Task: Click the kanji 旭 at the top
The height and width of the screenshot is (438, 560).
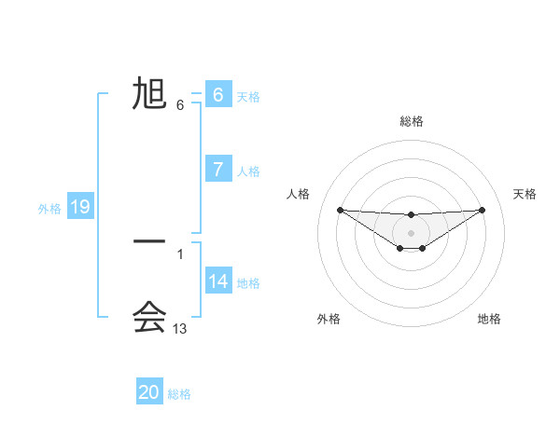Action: pyautogui.click(x=149, y=94)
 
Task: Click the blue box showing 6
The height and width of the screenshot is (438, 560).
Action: pyautogui.click(x=218, y=95)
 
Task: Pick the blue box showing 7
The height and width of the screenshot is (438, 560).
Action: pyautogui.click(x=218, y=170)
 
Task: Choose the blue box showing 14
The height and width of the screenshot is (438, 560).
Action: pyautogui.click(x=218, y=281)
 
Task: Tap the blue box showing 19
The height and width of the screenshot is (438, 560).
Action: pyautogui.click(x=80, y=207)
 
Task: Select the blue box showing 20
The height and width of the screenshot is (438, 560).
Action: pyautogui.click(x=149, y=392)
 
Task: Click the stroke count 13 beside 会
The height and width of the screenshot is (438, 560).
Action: pyautogui.click(x=180, y=329)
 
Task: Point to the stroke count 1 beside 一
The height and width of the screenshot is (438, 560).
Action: pyautogui.click(x=180, y=253)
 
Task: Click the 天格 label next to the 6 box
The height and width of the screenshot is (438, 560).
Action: pyautogui.click(x=248, y=96)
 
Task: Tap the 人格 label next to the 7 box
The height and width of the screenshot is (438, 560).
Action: pyautogui.click(x=248, y=171)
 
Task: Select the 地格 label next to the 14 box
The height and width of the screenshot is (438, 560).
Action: pyautogui.click(x=248, y=282)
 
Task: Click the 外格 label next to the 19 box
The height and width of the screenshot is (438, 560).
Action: pyautogui.click(x=49, y=209)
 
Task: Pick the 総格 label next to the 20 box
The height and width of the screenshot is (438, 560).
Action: pyautogui.click(x=179, y=394)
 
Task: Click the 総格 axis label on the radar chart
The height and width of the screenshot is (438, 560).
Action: pyautogui.click(x=412, y=121)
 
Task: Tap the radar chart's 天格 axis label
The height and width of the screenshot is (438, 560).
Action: pyautogui.click(x=525, y=194)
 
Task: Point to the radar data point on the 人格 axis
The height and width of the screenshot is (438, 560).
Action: pyautogui.click(x=340, y=210)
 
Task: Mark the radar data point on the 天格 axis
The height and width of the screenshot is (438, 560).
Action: pyautogui.click(x=483, y=210)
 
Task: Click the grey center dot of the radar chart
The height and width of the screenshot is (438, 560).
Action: pyautogui.click(x=412, y=232)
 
